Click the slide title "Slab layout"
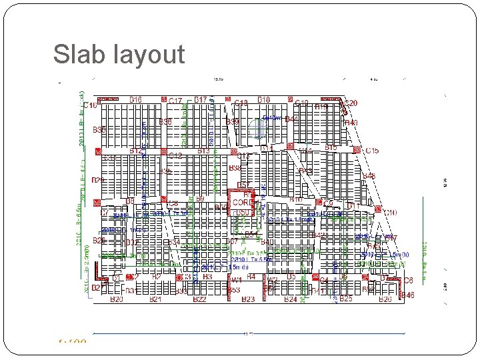(x=119, y=54)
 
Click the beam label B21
(x=156, y=300)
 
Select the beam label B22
(x=199, y=300)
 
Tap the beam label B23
(x=248, y=300)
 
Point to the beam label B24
(x=291, y=300)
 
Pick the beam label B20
(x=117, y=300)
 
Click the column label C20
(x=351, y=103)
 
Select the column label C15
(x=372, y=151)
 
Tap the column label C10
(x=390, y=213)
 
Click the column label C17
(x=175, y=101)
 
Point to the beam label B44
(x=291, y=119)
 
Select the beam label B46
(x=407, y=295)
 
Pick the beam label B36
(x=166, y=122)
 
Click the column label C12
(x=176, y=156)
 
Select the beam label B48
(x=369, y=176)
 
